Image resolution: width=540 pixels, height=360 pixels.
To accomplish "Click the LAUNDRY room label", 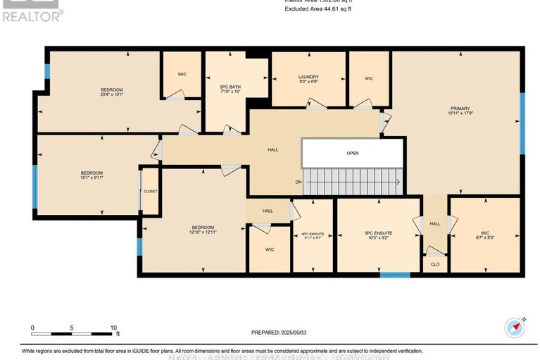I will point(308,77).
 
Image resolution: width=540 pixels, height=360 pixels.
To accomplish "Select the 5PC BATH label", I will point(230,87).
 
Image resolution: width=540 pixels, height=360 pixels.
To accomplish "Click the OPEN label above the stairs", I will point(353,153).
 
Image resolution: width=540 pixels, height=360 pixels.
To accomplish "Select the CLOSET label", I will point(150,191).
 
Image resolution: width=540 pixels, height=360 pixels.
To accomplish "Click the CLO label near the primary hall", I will point(434,264).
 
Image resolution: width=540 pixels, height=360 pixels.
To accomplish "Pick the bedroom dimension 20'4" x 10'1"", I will point(112,94).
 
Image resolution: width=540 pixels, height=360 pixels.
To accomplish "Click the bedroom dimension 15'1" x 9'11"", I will point(92,178).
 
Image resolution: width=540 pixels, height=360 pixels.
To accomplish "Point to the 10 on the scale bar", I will point(113,328).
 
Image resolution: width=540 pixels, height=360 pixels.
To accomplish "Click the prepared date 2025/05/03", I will point(281,333).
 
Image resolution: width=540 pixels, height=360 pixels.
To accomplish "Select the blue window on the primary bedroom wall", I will point(522,123).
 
